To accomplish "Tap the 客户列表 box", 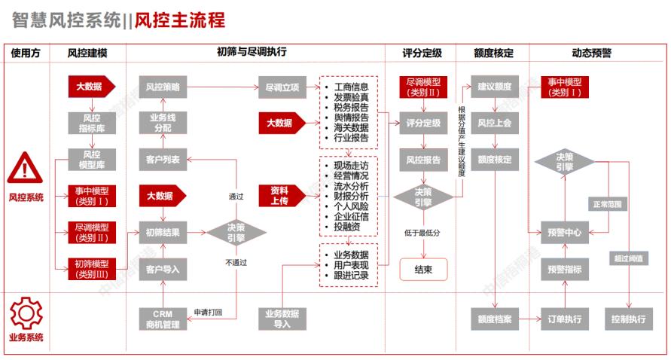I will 161,159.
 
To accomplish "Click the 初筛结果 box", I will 161,233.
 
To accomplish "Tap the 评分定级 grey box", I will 423,123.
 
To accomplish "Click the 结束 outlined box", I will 423,269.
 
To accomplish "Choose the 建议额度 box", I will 494,87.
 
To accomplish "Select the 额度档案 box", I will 494,319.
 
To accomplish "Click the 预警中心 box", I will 563,233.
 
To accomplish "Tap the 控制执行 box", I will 629,319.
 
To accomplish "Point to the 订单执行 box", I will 563,319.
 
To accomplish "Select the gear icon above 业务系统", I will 26,311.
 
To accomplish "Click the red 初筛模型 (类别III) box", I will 92,269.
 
